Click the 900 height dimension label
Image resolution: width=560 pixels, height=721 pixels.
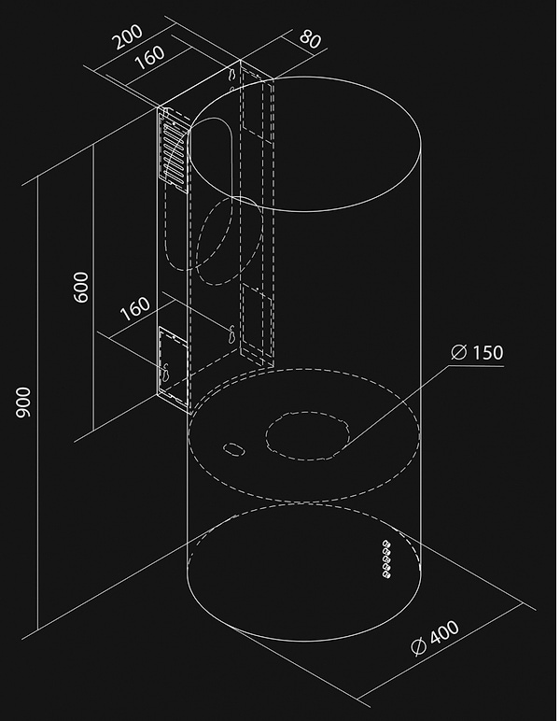pyautogui.click(x=23, y=403)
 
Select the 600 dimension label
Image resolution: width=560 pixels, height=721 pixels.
pyautogui.click(x=81, y=288)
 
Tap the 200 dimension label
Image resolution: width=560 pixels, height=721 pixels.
pyautogui.click(x=128, y=36)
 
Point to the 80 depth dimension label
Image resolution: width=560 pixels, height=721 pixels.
pyautogui.click(x=310, y=39)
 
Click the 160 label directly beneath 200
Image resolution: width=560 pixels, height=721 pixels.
pyautogui.click(x=149, y=57)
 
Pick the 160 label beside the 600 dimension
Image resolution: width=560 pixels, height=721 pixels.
pyautogui.click(x=135, y=308)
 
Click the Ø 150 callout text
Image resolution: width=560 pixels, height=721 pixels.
pyautogui.click(x=477, y=352)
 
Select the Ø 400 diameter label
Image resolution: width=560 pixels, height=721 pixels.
pyautogui.click(x=435, y=637)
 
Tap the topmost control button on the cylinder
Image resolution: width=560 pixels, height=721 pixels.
pyautogui.click(x=385, y=544)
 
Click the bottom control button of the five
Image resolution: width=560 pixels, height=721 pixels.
pyautogui.click(x=386, y=574)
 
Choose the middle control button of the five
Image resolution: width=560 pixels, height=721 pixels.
pyautogui.click(x=386, y=559)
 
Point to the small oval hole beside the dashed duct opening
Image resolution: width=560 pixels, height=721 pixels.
pyautogui.click(x=233, y=449)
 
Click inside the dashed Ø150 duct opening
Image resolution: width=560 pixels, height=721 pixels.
pyautogui.click(x=307, y=435)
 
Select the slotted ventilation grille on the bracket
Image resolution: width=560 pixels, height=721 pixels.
pyautogui.click(x=175, y=150)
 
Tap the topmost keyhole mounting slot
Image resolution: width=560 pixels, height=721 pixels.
pyautogui.click(x=233, y=74)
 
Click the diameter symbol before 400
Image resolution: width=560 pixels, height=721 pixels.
pyautogui.click(x=419, y=645)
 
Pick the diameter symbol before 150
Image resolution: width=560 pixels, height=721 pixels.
pyautogui.click(x=458, y=352)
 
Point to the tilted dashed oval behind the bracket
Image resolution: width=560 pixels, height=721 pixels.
pyautogui.click(x=230, y=240)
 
